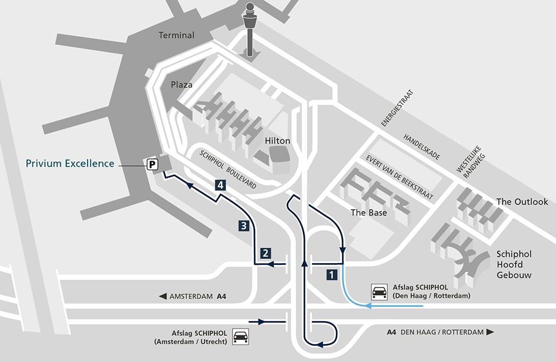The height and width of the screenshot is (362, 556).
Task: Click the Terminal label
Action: click(x=176, y=35)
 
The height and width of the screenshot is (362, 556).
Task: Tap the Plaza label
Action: click(x=182, y=85)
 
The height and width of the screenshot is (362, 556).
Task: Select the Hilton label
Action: click(x=278, y=141)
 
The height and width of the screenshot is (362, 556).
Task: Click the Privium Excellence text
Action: click(x=70, y=164)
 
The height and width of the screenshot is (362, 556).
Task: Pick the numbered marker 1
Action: click(x=332, y=275)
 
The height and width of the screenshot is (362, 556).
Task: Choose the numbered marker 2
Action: click(x=266, y=253)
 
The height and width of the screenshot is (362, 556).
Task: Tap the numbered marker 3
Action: click(x=243, y=225)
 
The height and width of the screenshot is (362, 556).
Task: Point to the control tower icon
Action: click(x=250, y=30)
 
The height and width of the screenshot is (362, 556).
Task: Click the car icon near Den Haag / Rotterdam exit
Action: click(x=379, y=291)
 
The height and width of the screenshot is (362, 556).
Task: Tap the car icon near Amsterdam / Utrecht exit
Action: click(x=240, y=337)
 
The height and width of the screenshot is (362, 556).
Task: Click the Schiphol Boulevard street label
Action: click(x=228, y=169)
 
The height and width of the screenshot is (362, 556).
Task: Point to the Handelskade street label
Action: click(x=422, y=146)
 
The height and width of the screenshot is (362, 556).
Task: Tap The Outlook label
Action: click(x=522, y=202)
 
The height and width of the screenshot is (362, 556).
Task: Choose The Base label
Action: click(x=368, y=212)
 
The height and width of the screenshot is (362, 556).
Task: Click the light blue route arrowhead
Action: click(x=367, y=306)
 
